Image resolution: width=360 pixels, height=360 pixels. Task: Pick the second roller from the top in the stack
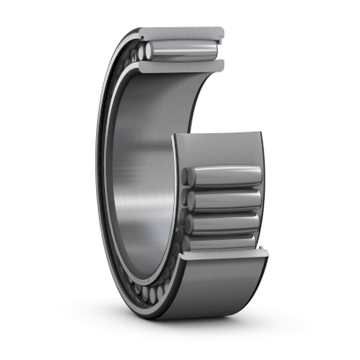[x=225, y=199]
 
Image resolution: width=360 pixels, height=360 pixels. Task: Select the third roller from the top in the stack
[x=225, y=222]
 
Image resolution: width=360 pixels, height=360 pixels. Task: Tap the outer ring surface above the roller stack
[x=221, y=146]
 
